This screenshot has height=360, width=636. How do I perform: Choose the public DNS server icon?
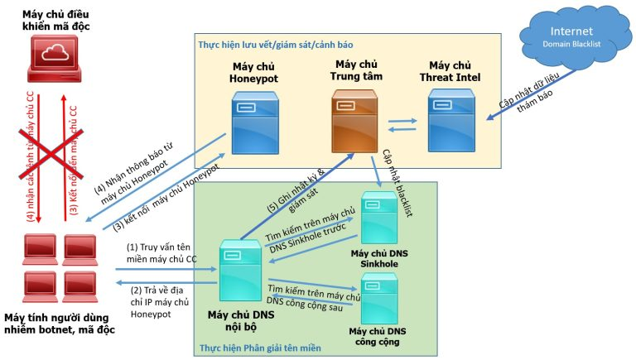[379, 298]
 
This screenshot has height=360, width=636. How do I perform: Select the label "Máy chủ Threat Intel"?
[450, 72]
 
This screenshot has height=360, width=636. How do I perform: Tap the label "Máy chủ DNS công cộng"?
[380, 336]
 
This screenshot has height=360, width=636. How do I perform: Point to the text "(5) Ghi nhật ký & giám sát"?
[298, 192]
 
